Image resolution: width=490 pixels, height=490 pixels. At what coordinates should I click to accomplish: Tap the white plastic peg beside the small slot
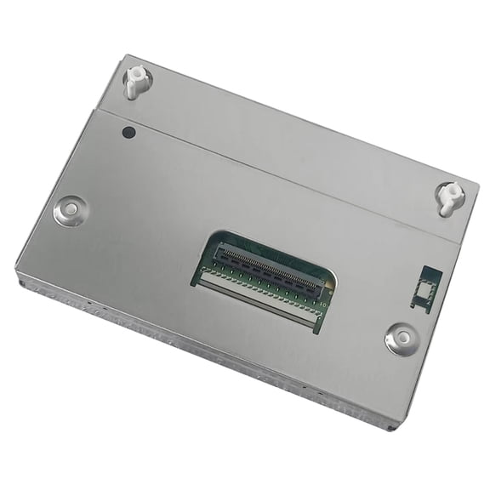click(449, 197)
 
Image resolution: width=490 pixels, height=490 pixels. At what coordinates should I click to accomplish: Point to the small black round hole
click(129, 132)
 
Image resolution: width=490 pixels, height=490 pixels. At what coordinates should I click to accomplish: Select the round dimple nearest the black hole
click(70, 208)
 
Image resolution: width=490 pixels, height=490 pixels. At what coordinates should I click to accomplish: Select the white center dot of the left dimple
click(70, 208)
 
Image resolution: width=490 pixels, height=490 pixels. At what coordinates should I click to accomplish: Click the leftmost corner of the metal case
click(17, 271)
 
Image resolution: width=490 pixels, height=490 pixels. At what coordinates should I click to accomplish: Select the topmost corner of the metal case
click(126, 56)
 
